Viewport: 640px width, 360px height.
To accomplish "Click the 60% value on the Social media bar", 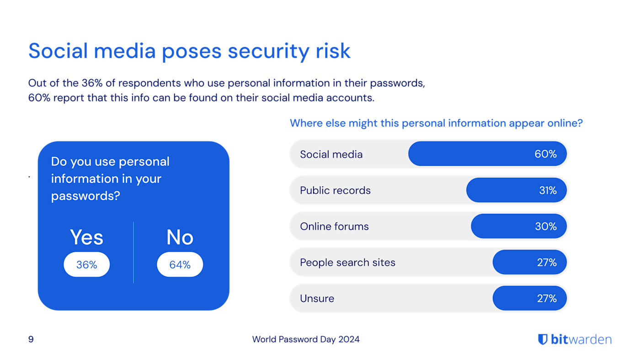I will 545,154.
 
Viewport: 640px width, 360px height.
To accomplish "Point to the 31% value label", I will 547,191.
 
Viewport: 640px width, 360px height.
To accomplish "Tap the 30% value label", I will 545,227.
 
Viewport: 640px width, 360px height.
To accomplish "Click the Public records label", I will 335,191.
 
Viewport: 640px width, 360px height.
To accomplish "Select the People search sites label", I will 347,263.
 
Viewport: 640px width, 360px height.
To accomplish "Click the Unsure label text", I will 317,299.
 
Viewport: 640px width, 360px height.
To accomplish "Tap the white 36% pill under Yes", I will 86,265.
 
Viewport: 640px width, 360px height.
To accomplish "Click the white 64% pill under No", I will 180,265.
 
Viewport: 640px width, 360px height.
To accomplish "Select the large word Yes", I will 86,238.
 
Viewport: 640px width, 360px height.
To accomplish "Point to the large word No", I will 180,238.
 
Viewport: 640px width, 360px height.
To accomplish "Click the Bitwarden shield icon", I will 543,339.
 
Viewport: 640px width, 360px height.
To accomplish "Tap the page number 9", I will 31,339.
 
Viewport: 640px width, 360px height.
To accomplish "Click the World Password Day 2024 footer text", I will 306,339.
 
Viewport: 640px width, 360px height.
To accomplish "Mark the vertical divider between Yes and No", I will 133,253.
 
